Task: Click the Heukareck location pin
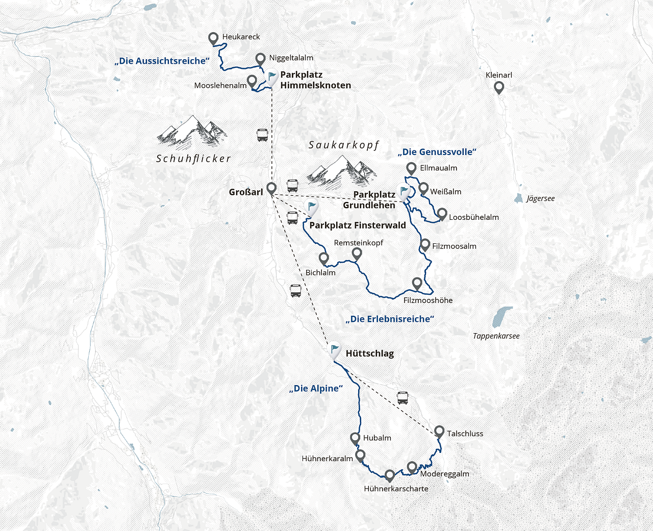pyautogui.click(x=214, y=38)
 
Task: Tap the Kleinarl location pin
pyautogui.click(x=499, y=88)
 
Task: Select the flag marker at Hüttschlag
pyautogui.click(x=334, y=350)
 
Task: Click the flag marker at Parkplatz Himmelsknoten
pyautogui.click(x=272, y=78)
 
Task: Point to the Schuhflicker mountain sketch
pyautogui.click(x=192, y=131)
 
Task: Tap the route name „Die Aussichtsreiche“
pyautogui.click(x=162, y=61)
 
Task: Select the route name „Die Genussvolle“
pyautogui.click(x=437, y=152)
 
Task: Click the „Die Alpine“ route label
pyautogui.click(x=316, y=389)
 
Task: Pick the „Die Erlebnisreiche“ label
pyautogui.click(x=390, y=319)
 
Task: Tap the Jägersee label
pyautogui.click(x=540, y=198)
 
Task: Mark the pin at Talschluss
pyautogui.click(x=439, y=432)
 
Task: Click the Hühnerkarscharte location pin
pyautogui.click(x=390, y=475)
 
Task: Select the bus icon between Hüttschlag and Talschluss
pyautogui.click(x=403, y=398)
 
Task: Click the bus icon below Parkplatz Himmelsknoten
pyautogui.click(x=262, y=136)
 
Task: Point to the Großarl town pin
pyautogui.click(x=271, y=188)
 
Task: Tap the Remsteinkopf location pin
pyautogui.click(x=357, y=253)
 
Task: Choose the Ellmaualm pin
pyautogui.click(x=411, y=168)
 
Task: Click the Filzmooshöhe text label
pyautogui.click(x=428, y=300)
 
